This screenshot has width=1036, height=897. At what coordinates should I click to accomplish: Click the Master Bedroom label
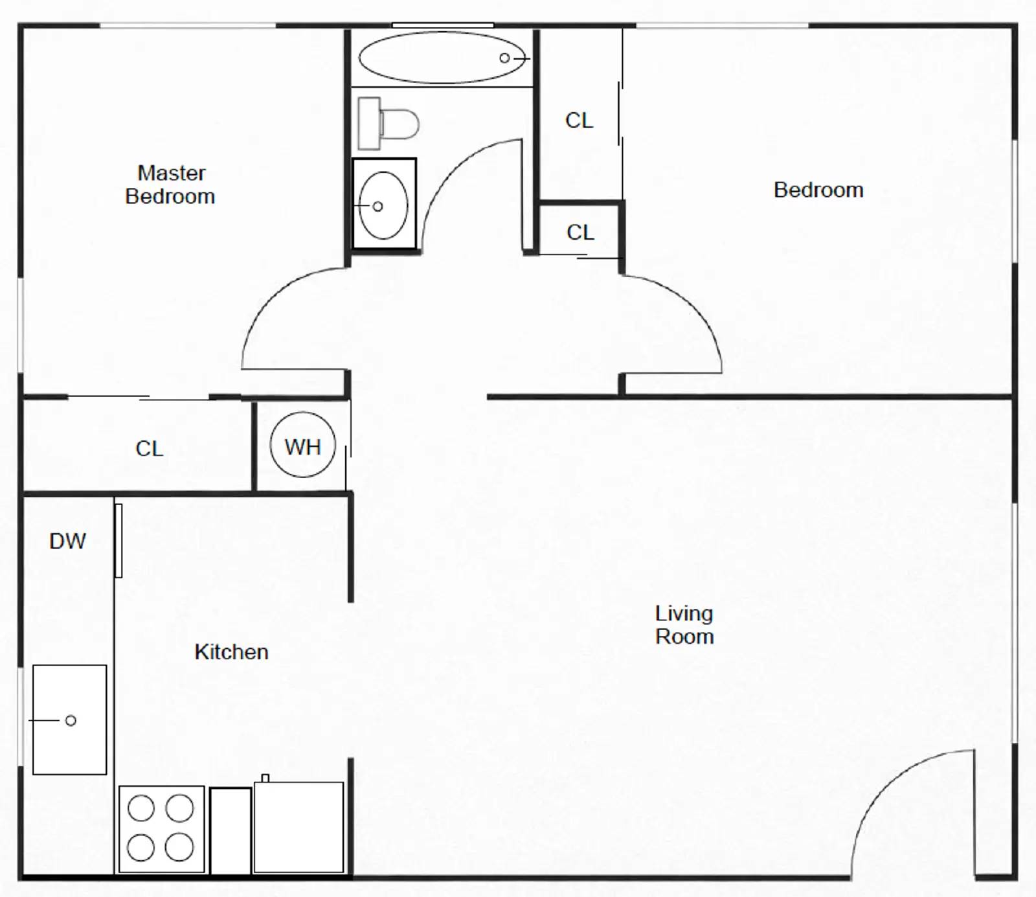pyautogui.click(x=170, y=185)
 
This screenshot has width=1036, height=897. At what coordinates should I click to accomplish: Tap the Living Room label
pyautogui.click(x=684, y=625)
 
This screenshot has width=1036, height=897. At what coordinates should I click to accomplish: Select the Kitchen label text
pyautogui.click(x=231, y=652)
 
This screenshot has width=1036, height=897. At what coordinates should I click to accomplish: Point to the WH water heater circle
pyautogui.click(x=302, y=446)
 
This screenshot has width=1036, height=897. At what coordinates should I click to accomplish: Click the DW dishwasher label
pyautogui.click(x=67, y=541)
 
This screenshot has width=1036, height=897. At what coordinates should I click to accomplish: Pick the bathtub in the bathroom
pyautogui.click(x=442, y=58)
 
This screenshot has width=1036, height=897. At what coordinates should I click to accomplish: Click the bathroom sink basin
pyautogui.click(x=383, y=205)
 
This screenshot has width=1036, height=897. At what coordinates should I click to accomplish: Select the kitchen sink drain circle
pyautogui.click(x=71, y=720)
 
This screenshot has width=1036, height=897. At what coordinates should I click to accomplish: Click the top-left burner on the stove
pyautogui.click(x=141, y=808)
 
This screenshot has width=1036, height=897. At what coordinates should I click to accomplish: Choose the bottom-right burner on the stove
pyautogui.click(x=179, y=847)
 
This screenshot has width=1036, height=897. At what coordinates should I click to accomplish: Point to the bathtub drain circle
pyautogui.click(x=504, y=58)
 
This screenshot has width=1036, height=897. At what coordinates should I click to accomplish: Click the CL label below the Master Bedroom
pyautogui.click(x=149, y=448)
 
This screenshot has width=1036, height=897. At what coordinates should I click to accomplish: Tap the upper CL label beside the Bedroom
pyautogui.click(x=579, y=120)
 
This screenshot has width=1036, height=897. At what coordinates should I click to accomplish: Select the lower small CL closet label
pyautogui.click(x=580, y=233)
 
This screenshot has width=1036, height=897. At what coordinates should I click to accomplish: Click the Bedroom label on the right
pyautogui.click(x=818, y=190)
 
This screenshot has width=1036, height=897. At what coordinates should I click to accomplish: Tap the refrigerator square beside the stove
pyautogui.click(x=298, y=827)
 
